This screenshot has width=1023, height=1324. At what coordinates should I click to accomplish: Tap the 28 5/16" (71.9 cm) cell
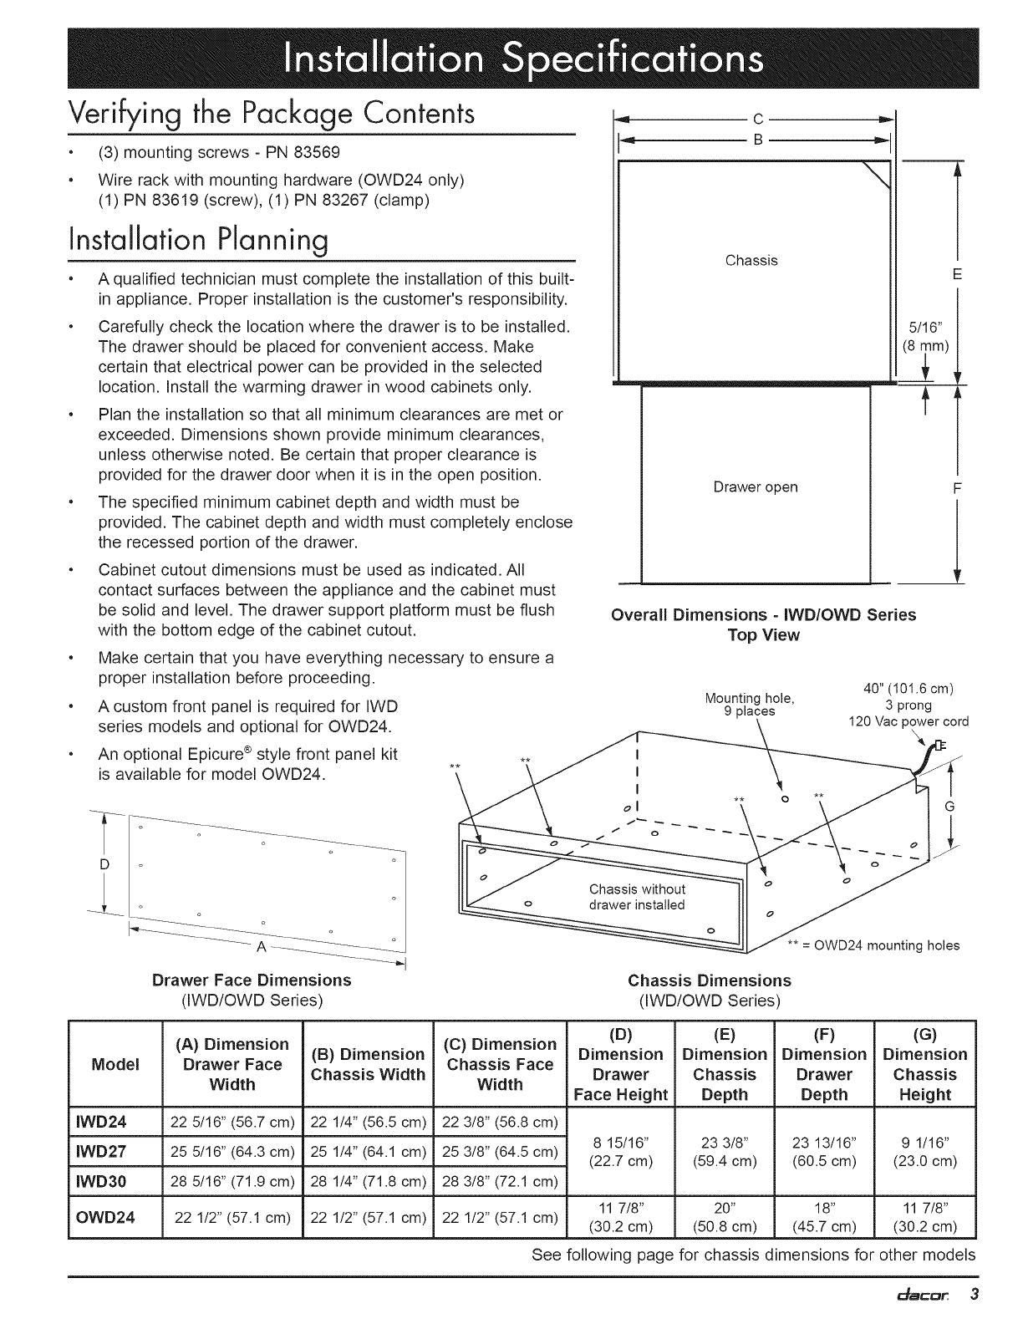point(231,1181)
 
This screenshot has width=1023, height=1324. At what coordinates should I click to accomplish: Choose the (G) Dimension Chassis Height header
point(924,1064)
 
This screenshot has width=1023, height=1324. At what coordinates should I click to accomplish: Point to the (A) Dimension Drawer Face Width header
point(231,1064)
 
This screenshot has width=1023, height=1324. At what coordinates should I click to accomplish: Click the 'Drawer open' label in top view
point(755,487)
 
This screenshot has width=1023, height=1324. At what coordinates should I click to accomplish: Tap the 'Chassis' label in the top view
point(751,261)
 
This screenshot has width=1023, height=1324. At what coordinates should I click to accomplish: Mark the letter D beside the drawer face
point(104,864)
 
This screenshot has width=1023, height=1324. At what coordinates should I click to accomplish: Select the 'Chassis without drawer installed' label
point(637,897)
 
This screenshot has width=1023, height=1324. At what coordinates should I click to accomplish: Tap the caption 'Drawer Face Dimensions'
point(252,980)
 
